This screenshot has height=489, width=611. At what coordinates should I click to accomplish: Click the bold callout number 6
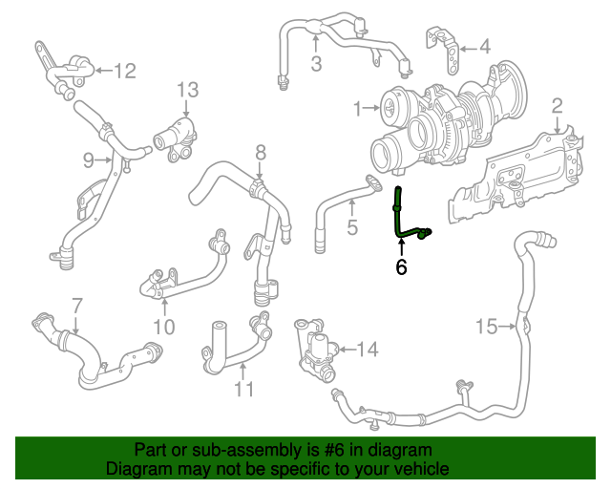(x=401, y=267)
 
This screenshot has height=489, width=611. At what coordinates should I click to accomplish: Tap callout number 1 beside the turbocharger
(x=358, y=109)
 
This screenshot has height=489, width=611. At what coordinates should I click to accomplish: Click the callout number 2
(x=558, y=106)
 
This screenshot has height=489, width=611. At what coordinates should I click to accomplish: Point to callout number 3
(x=316, y=63)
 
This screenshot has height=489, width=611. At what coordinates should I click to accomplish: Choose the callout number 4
(x=484, y=47)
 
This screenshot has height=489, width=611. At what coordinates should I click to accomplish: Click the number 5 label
(x=352, y=227)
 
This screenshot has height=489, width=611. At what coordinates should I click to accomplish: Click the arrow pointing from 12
(x=104, y=71)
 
